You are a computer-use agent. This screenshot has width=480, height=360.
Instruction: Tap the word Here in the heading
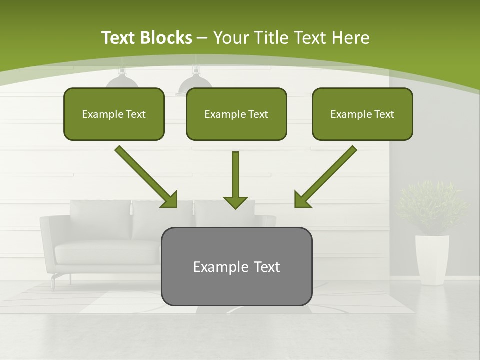pos(351,38)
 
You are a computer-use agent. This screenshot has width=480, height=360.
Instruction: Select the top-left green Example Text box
pos(114,114)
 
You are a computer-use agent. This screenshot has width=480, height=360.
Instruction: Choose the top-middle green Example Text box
pos(236,114)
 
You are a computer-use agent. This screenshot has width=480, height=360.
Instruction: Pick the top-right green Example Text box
pos(362,114)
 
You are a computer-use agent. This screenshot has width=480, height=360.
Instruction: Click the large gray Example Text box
pos(236,266)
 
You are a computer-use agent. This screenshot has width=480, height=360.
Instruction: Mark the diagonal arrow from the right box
pos(325,177)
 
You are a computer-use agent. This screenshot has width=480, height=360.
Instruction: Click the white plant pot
pos(432,259)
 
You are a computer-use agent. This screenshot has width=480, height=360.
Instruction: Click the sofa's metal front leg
pos(53,282)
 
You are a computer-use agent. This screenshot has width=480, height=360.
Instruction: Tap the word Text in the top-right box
pos(384,114)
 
